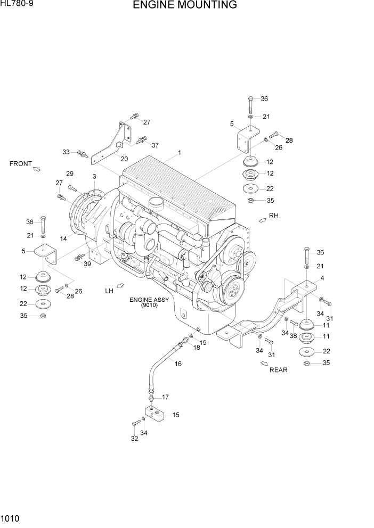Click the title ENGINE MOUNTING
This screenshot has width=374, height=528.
pos(185,6)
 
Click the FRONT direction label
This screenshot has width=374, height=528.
pos(21,164)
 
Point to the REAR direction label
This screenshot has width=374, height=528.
pos(278,370)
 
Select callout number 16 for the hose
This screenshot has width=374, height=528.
pos(178,364)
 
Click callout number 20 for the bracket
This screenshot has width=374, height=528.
pos(124,159)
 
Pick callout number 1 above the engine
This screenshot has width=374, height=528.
pos(180,153)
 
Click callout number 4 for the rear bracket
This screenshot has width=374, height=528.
pos(322,278)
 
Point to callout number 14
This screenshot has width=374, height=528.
pos(63,239)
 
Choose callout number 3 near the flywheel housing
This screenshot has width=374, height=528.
pos(94,176)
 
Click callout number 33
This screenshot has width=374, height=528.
pos(66,152)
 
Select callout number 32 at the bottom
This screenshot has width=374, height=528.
pos(134,439)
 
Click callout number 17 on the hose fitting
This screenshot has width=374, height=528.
pos(165,397)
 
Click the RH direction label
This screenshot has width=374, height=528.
pos(273,216)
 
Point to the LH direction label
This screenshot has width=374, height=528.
pos(109,291)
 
